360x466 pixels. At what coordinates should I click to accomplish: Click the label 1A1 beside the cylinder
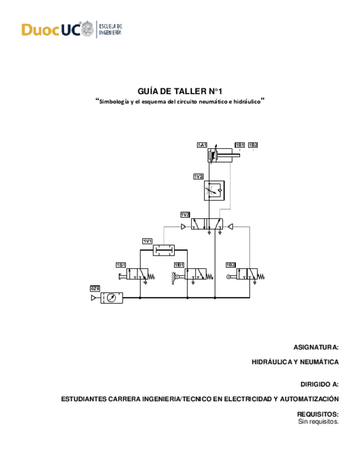tap(202, 145)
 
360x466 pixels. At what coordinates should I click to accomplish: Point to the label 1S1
tap(121, 265)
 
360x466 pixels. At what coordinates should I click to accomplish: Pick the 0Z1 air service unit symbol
tap(112, 298)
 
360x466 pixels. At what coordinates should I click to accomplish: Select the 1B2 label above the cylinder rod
tap(253, 145)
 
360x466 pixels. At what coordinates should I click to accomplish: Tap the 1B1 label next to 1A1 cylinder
tap(240, 145)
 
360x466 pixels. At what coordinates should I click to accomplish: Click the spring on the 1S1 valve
tap(151, 276)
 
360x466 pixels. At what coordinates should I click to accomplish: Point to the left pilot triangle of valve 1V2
tap(184, 226)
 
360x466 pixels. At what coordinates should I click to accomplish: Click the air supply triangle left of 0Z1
tap(93, 298)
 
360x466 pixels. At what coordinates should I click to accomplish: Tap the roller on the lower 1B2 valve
tap(228, 276)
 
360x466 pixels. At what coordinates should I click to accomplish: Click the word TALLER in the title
tap(186, 91)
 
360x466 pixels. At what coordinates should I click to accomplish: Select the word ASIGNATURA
tap(315, 347)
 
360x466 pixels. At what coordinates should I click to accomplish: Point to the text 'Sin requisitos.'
tap(318, 421)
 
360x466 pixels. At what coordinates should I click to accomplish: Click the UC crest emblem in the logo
tap(87, 29)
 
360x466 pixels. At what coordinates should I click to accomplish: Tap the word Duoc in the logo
tap(40, 30)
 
